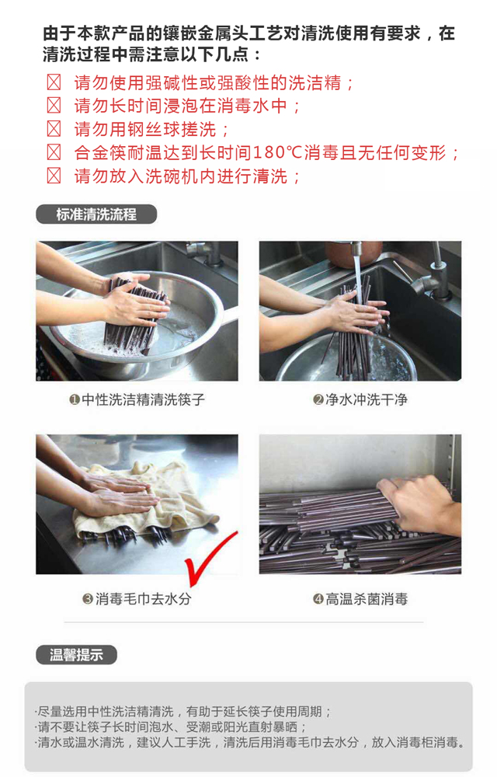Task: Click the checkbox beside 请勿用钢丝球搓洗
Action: tap(54, 129)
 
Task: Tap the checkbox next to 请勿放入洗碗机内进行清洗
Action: tap(54, 176)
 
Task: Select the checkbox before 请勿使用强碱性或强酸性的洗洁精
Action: tap(54, 82)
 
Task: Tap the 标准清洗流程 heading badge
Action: tap(96, 214)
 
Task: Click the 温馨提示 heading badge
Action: tap(76, 654)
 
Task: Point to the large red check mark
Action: tap(210, 557)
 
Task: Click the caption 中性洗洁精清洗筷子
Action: tap(143, 399)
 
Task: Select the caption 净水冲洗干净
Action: tap(367, 399)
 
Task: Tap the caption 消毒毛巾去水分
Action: tap(143, 598)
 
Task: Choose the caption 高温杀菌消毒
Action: tap(367, 598)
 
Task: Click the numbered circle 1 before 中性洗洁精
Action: tap(75, 399)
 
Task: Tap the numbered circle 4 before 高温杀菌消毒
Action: tap(318, 598)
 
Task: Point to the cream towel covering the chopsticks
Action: tap(148, 500)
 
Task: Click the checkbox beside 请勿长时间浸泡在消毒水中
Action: tap(54, 105)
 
